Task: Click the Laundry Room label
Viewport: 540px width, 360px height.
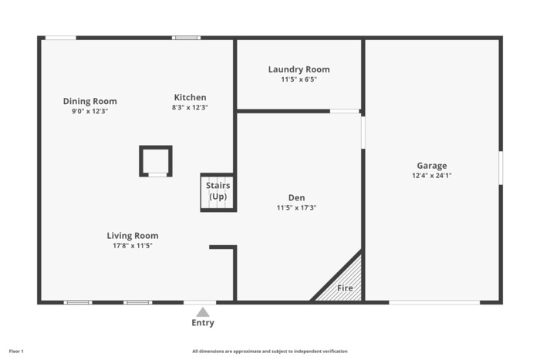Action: [x=299, y=69]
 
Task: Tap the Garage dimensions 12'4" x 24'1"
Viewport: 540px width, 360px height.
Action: [x=432, y=176]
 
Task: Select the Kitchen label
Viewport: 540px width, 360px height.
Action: [x=190, y=97]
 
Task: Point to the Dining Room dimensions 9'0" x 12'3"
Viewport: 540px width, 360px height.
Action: [x=90, y=111]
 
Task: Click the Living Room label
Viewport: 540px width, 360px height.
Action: [x=133, y=236]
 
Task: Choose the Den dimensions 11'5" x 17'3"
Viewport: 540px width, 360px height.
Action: [x=296, y=207]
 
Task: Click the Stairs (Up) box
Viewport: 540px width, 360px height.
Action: [x=218, y=192]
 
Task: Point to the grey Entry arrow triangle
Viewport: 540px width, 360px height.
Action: [x=203, y=312]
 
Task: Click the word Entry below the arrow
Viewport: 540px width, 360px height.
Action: [x=203, y=323]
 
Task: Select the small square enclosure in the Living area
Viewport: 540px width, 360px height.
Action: [x=156, y=161]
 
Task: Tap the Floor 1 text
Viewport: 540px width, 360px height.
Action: [x=16, y=352]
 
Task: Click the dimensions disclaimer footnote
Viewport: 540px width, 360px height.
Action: [x=270, y=352]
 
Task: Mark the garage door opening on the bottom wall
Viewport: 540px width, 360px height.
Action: [x=434, y=302]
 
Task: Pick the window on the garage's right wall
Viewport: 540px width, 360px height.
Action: [x=501, y=168]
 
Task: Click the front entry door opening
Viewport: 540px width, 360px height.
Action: [x=200, y=302]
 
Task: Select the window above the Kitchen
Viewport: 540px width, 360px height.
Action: [x=187, y=38]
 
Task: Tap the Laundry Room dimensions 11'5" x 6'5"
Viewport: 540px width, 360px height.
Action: [x=299, y=79]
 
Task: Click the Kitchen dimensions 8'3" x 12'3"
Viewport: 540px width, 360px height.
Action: [x=190, y=107]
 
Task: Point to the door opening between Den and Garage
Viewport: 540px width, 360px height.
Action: [x=363, y=133]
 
